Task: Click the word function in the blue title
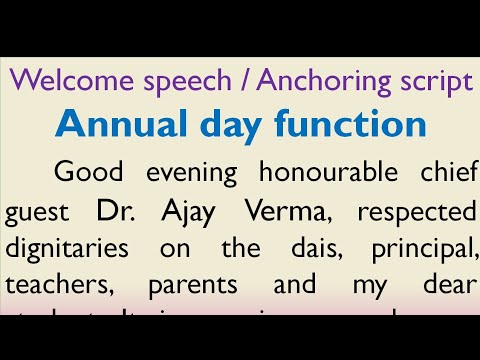coord(348,125)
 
